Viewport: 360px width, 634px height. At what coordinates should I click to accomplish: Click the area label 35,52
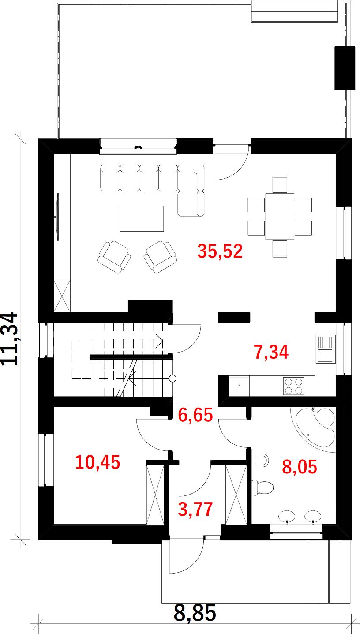pyautogui.click(x=220, y=251)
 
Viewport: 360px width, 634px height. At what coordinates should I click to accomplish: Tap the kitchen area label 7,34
pyautogui.click(x=271, y=352)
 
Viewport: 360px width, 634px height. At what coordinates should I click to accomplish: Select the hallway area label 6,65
pyautogui.click(x=195, y=415)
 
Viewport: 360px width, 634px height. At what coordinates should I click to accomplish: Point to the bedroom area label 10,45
pyautogui.click(x=97, y=462)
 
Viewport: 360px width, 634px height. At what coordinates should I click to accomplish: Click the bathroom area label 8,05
pyautogui.click(x=300, y=467)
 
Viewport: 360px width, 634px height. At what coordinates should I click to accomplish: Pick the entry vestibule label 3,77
pyautogui.click(x=195, y=509)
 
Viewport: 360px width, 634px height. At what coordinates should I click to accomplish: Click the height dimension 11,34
pyautogui.click(x=9, y=339)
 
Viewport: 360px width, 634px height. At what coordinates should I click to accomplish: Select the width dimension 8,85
pyautogui.click(x=195, y=613)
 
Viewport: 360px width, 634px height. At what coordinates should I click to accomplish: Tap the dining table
pyautogui.click(x=280, y=216)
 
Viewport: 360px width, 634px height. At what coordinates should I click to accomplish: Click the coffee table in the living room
pyautogui.click(x=142, y=218)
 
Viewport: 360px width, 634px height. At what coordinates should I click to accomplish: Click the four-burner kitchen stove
pyautogui.click(x=293, y=386)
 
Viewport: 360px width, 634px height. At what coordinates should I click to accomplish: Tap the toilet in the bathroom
pyautogui.click(x=262, y=488)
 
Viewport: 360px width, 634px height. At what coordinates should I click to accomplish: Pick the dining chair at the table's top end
pyautogui.click(x=280, y=184)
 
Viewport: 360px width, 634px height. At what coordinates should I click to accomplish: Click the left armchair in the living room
pyautogui.click(x=114, y=257)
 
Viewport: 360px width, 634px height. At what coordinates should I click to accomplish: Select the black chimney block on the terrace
pyautogui.click(x=345, y=68)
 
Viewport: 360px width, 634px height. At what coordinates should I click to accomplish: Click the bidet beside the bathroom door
pyautogui.click(x=261, y=460)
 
